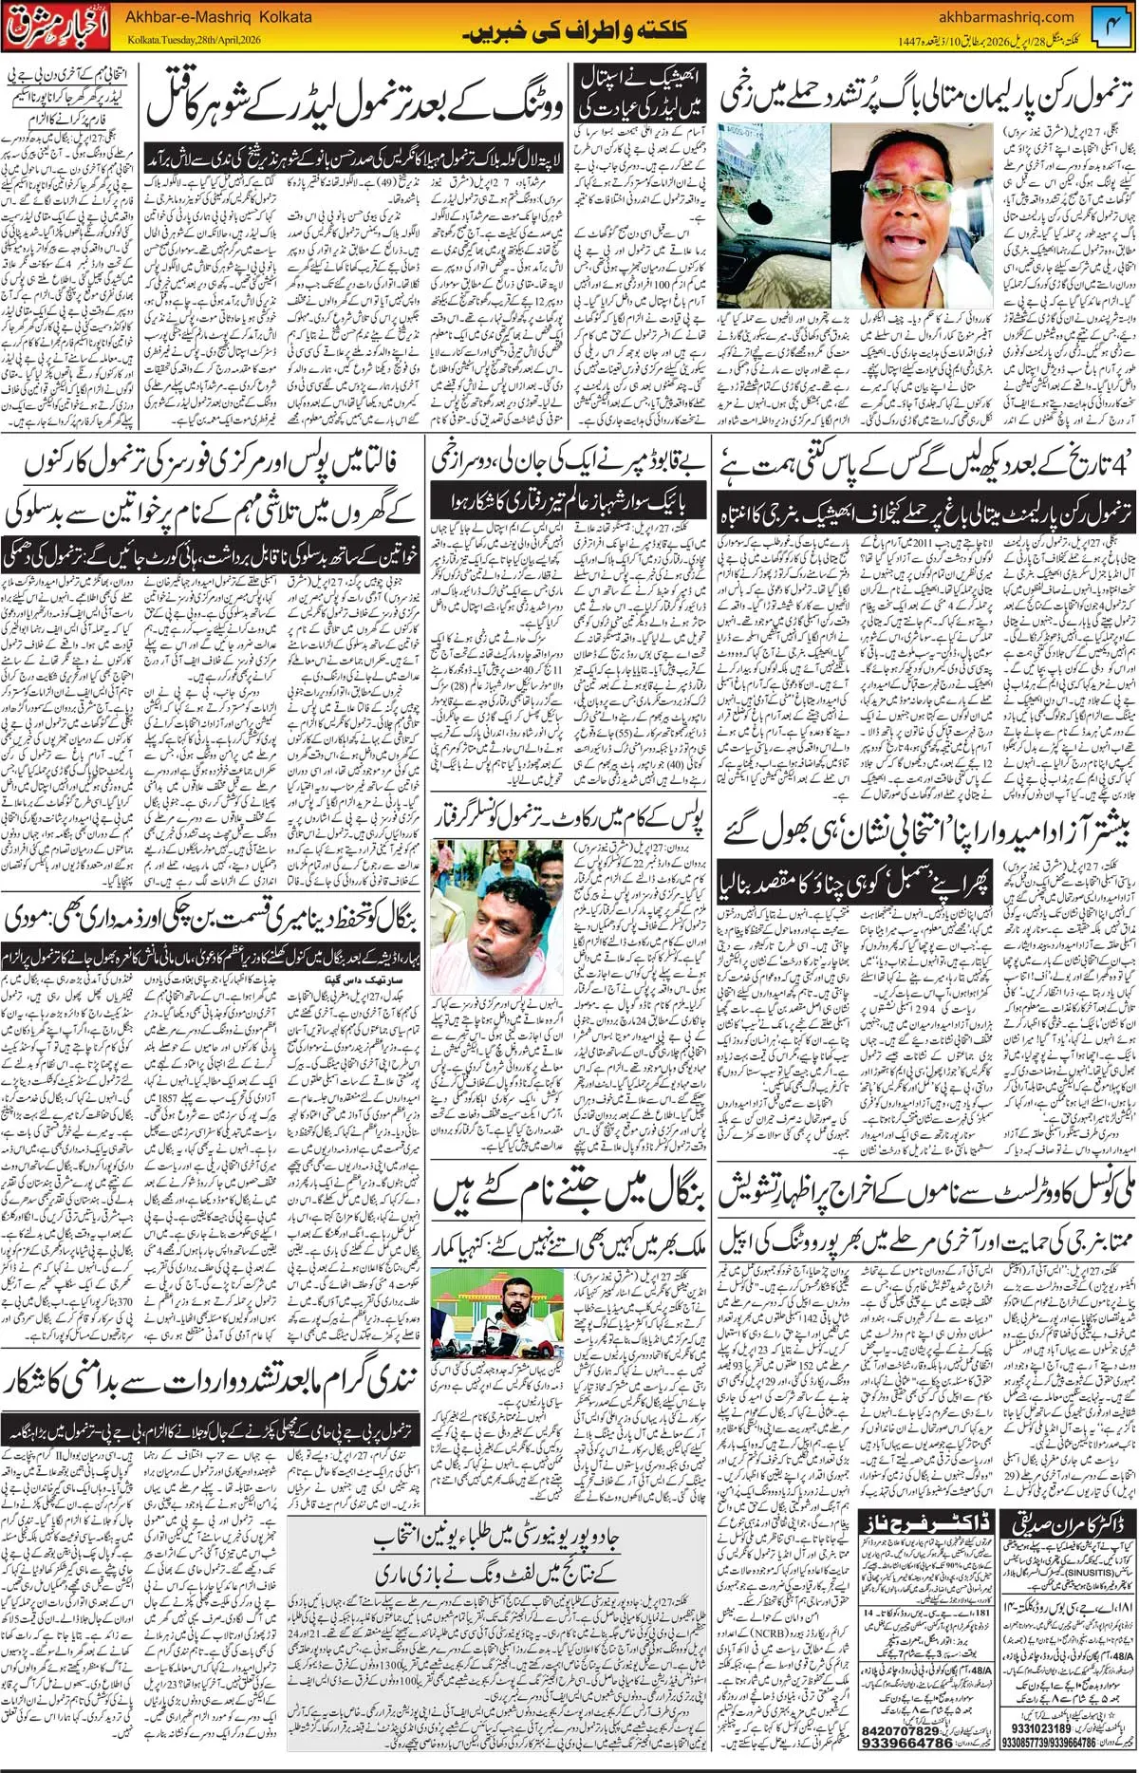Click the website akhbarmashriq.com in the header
(x=1005, y=17)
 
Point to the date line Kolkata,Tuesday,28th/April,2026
(x=194, y=41)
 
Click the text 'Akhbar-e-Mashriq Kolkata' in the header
(x=218, y=17)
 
